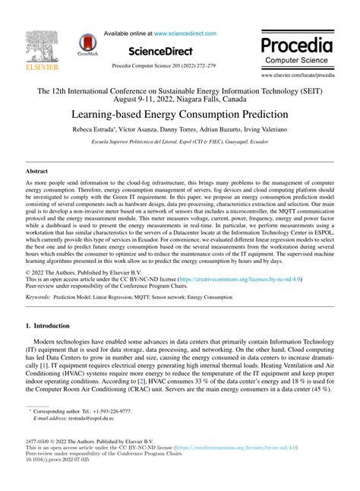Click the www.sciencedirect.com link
[185, 33]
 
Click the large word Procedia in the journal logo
[299, 43]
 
